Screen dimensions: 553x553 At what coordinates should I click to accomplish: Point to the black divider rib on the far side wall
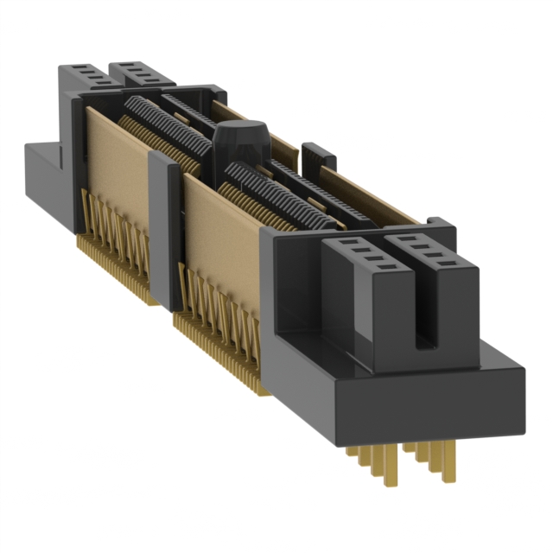coord(318,156)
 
